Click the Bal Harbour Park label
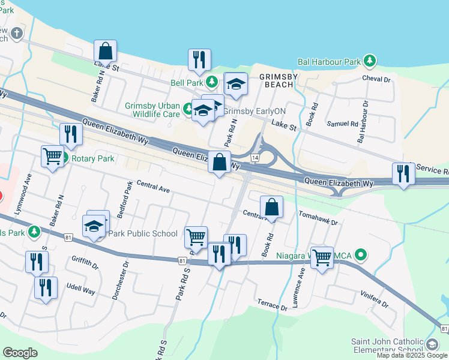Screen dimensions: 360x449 tap(329, 62)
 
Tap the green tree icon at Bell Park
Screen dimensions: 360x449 tap(211, 82)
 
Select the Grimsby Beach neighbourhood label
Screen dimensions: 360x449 tap(276, 80)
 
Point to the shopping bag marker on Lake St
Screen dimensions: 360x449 tap(105, 50)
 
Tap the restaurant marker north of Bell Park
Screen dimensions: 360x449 tap(199, 59)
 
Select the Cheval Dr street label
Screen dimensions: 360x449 tap(376, 79)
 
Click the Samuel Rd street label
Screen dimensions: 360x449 tap(342, 124)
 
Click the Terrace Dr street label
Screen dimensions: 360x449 tap(272, 305)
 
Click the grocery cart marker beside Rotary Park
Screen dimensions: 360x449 tap(52, 157)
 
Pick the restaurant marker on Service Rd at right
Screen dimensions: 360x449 tap(403, 173)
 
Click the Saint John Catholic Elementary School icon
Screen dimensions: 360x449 tap(432, 344)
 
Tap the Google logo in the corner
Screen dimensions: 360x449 tap(20, 353)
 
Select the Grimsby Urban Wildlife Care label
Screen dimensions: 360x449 tap(152, 110)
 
